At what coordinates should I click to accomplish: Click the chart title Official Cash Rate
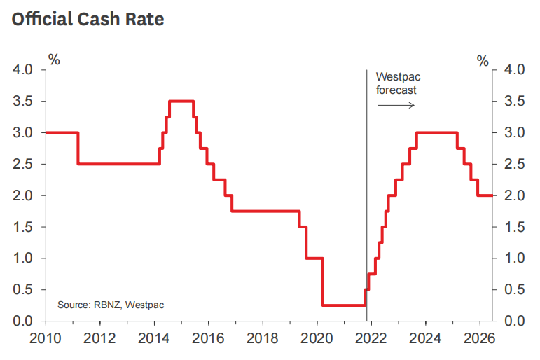click(88, 19)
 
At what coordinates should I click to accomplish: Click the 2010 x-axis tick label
click(45, 339)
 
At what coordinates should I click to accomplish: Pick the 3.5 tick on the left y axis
click(23, 102)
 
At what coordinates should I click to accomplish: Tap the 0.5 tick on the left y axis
click(23, 290)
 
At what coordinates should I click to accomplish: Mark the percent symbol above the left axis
click(53, 60)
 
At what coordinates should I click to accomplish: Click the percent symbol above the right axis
click(483, 62)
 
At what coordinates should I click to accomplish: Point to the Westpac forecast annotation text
click(397, 83)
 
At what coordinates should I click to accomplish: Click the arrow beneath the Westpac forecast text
click(396, 105)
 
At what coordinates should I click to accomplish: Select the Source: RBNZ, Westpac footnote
click(111, 305)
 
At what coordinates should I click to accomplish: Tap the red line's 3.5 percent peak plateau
click(181, 102)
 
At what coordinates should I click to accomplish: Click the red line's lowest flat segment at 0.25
click(343, 305)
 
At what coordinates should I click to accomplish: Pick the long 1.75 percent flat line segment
click(266, 212)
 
